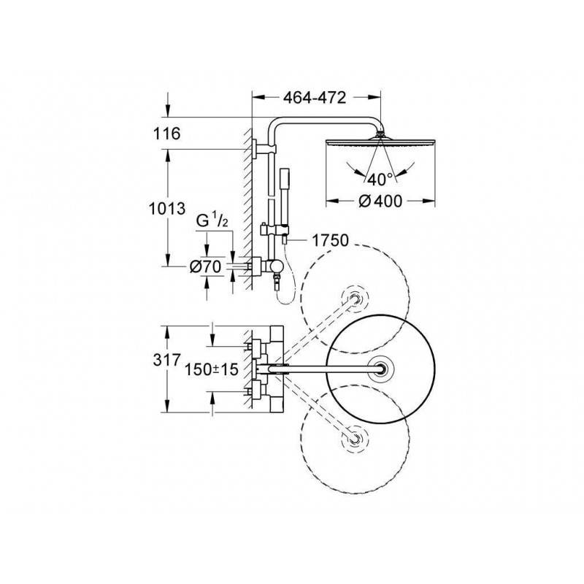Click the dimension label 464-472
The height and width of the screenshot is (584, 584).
click(x=315, y=98)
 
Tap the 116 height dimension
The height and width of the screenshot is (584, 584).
click(x=166, y=134)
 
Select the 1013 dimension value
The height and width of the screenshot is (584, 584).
click(x=167, y=209)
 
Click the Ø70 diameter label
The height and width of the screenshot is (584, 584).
click(x=205, y=266)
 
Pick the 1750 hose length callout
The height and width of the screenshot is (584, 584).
click(x=330, y=240)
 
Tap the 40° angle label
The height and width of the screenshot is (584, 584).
click(x=380, y=180)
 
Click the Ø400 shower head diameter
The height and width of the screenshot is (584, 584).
click(x=380, y=201)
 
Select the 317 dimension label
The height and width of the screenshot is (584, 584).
click(x=166, y=360)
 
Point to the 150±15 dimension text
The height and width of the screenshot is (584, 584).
click(x=211, y=369)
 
